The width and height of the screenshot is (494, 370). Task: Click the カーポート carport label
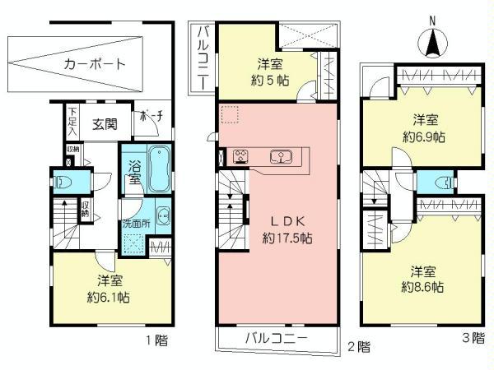tap(94, 62)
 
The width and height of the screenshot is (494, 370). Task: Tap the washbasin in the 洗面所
tap(163, 218)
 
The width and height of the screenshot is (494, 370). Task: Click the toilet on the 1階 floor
tap(63, 180)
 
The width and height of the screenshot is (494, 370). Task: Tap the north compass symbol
tap(431, 41)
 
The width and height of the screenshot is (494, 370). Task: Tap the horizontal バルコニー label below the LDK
tap(276, 339)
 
